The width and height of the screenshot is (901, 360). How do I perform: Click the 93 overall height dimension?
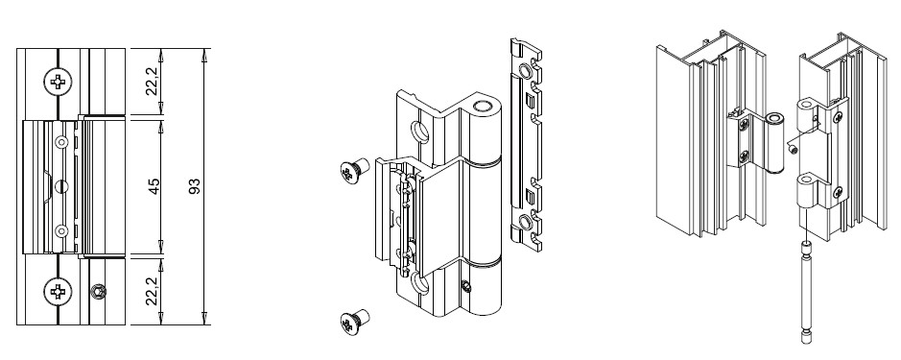[x=195, y=186]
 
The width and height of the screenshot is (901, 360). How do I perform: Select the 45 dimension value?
[x=154, y=186]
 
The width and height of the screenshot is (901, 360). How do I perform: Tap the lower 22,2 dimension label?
[x=152, y=291]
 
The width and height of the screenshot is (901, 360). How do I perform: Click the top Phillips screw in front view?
[x=58, y=82]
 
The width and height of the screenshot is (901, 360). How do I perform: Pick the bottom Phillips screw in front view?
[x=58, y=292]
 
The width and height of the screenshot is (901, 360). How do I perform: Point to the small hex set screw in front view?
[x=98, y=292]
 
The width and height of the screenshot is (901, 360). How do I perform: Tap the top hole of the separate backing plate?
[x=525, y=71]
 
